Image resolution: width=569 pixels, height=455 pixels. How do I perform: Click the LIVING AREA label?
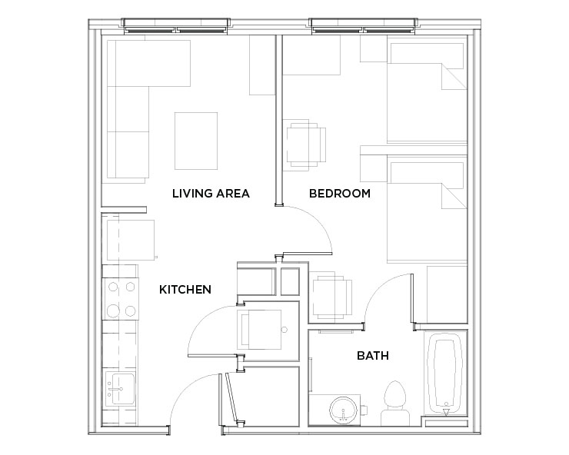click(211, 194)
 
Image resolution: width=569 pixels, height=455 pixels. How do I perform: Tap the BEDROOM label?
click(340, 194)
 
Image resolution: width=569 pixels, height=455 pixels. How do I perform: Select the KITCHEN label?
click(185, 290)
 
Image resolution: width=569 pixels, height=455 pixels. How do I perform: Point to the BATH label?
click(373, 356)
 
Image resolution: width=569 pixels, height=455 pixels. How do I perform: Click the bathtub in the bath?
click(445, 374)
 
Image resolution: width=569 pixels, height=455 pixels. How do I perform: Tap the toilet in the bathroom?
click(395, 404)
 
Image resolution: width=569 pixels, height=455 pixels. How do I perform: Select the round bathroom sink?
click(343, 410)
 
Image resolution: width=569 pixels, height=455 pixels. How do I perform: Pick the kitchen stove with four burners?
click(121, 299)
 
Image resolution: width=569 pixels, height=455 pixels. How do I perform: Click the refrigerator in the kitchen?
click(131, 240)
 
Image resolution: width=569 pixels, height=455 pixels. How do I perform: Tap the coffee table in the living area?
click(196, 141)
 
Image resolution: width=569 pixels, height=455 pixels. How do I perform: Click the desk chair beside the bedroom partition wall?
click(306, 145)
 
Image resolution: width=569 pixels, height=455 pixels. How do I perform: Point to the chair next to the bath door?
click(331, 297)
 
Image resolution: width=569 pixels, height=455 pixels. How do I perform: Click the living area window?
click(176, 26)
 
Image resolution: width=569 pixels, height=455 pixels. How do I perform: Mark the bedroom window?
click(364, 26)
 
